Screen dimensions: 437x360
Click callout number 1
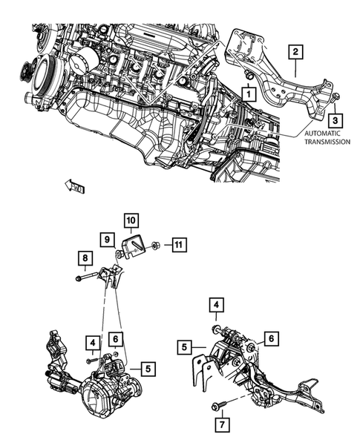click(x=247, y=94)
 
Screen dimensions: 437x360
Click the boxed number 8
click(x=85, y=258)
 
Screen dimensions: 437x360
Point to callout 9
click(x=107, y=239)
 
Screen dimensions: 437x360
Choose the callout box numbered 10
click(x=130, y=220)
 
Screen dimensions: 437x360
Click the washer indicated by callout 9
click(x=119, y=257)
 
